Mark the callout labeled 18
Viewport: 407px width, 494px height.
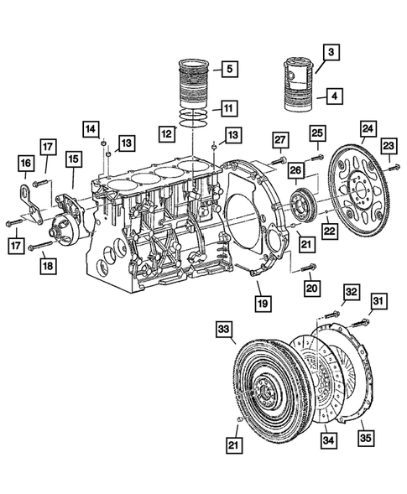tap(49, 266)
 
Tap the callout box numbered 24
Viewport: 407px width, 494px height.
tap(367, 129)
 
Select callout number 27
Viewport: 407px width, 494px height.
tap(280, 139)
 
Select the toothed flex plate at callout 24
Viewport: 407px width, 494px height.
tap(360, 193)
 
